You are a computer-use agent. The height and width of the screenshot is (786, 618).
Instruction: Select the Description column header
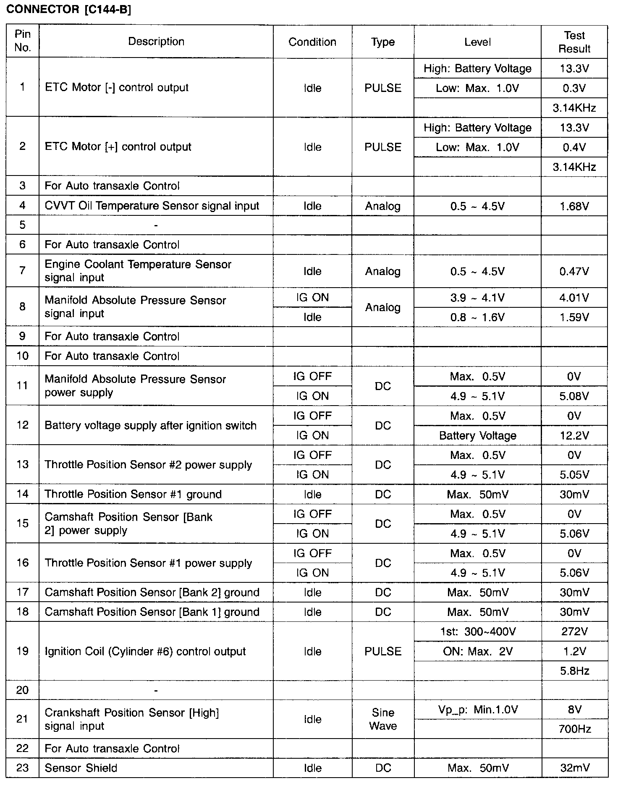point(156,42)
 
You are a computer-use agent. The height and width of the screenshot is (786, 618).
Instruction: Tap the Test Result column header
point(574,42)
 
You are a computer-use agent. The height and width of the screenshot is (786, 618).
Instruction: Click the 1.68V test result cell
point(574,206)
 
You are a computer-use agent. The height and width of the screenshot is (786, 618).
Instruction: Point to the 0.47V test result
point(574,271)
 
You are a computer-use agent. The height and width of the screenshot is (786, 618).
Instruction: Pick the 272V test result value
point(574,631)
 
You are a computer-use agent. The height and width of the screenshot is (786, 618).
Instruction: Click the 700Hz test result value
point(574,729)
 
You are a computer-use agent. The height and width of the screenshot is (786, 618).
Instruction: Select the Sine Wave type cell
point(383,719)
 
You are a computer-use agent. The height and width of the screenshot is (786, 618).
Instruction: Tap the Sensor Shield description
point(81,768)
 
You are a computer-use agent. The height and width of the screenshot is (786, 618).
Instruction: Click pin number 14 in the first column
point(23,494)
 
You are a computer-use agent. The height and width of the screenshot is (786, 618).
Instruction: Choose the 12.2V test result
point(574,436)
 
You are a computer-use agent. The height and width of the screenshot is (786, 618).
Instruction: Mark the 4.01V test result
point(574,298)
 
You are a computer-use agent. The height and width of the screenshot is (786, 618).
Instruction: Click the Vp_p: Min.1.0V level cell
point(478,710)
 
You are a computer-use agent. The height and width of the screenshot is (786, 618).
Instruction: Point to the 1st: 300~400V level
point(478,631)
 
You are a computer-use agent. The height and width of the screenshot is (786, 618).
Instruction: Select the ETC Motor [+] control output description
point(118,147)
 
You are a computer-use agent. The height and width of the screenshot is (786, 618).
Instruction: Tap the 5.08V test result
point(574,396)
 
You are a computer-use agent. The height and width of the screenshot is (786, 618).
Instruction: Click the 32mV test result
point(574,768)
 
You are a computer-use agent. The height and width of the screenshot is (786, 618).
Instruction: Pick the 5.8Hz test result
point(574,671)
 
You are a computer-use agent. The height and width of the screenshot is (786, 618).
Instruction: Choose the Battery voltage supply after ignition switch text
point(150,426)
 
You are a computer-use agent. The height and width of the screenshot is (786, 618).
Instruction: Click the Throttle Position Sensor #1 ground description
point(133,494)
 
